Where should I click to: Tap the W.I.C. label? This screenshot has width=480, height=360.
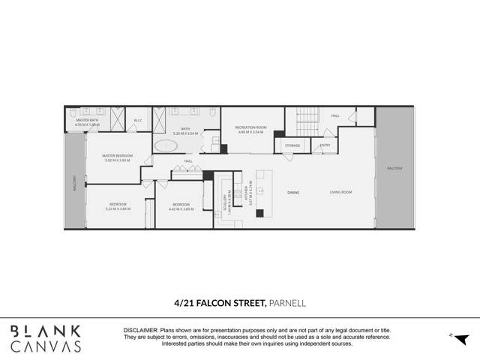(138, 120)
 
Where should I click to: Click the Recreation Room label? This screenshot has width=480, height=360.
(250, 127)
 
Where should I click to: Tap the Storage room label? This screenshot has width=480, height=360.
(292, 145)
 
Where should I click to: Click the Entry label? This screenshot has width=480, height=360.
(325, 145)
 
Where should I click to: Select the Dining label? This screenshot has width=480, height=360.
(293, 193)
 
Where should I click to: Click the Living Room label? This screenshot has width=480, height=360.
(340, 193)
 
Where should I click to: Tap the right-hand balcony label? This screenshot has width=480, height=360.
(394, 168)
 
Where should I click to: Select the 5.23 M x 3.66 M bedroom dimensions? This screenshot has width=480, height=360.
(118, 208)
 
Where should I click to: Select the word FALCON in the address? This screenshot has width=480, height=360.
(220, 303)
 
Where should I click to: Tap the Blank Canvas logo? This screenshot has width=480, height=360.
(45, 338)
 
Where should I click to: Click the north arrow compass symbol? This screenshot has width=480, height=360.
(460, 339)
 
